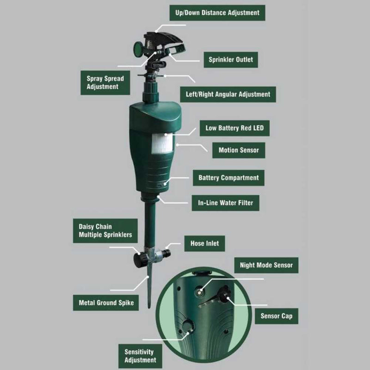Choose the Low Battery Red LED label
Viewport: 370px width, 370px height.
click(235, 128)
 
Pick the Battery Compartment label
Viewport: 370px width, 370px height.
click(228, 178)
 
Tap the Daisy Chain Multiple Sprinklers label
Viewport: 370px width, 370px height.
click(105, 231)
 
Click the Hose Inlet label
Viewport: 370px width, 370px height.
click(204, 243)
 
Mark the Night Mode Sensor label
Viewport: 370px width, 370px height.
click(266, 265)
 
